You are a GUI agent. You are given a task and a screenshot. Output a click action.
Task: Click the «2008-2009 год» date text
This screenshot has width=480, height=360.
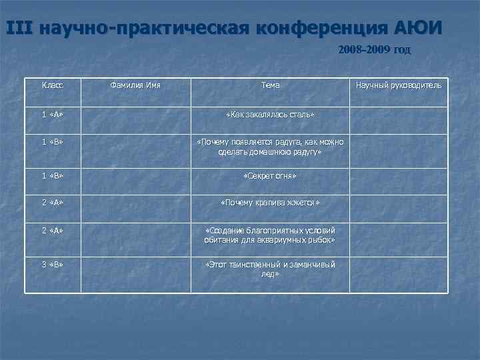[374, 49]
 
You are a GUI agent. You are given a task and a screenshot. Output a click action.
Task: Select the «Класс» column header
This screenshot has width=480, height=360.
[53, 85]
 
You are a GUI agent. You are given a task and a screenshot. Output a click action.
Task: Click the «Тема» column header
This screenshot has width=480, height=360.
[271, 85]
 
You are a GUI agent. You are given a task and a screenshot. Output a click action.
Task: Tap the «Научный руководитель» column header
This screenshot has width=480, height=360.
[398, 85]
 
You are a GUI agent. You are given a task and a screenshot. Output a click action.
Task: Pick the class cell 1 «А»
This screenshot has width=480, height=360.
[53, 115]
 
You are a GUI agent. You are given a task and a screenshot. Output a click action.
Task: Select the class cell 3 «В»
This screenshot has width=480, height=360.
[53, 265]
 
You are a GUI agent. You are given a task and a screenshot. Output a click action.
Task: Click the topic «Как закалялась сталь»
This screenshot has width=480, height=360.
[271, 115]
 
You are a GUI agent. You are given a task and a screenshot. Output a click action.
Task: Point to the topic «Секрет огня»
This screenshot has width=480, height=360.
[271, 175]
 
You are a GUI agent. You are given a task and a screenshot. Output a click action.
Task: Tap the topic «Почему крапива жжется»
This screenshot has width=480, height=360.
[271, 202]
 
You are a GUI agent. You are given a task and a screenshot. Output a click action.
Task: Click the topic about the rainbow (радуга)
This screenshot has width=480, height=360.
[271, 147]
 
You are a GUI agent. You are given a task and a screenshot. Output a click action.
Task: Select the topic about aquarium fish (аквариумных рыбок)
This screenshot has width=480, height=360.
[271, 234]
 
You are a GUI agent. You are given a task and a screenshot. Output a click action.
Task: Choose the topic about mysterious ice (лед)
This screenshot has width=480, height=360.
[271, 269]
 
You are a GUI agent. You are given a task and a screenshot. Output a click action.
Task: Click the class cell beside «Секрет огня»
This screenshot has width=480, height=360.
[53, 175]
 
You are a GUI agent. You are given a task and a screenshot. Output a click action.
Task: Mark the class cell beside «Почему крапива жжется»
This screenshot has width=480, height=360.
[53, 202]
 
